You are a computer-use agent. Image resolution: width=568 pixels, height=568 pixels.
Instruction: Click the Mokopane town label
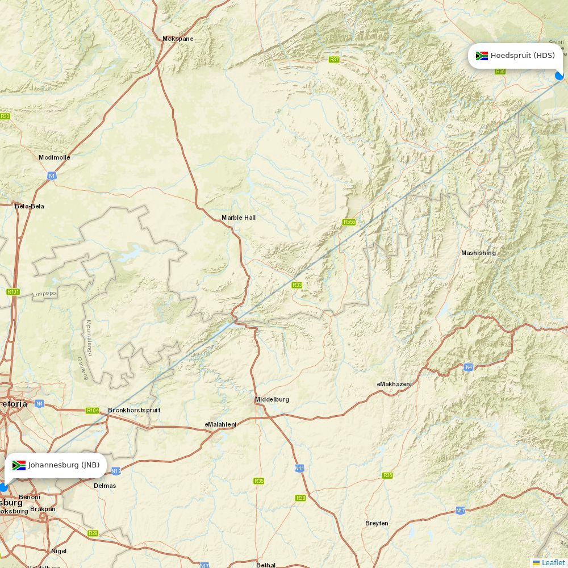coord(178,39)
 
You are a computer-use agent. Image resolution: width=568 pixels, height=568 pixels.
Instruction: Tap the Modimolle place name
coord(55,157)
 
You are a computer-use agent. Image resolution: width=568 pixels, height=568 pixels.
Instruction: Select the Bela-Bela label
coord(29,206)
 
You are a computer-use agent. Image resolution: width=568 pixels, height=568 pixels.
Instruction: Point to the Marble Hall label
coord(239,218)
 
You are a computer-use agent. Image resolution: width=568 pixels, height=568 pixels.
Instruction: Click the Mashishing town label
coord(478,253)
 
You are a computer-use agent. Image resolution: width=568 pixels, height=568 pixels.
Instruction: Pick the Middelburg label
coord(272,399)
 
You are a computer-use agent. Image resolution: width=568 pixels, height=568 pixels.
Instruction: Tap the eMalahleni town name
coord(220,424)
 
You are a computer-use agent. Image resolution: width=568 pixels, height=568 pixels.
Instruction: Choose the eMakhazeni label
coord(394,384)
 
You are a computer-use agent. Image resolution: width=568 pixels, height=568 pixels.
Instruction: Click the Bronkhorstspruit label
coord(134,410)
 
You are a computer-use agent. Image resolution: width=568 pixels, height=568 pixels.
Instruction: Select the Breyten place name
coord(377,523)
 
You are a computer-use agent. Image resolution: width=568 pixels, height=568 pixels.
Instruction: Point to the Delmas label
coord(105,486)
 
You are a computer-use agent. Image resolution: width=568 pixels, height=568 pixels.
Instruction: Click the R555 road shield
coord(349,222)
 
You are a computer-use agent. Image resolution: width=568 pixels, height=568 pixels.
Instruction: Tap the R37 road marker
coord(334,60)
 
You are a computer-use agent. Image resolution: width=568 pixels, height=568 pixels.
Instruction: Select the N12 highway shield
coord(116,471)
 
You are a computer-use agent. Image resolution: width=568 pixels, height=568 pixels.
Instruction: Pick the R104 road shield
coord(92,410)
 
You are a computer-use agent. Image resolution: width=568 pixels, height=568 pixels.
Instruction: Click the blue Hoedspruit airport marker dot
coord(559,76)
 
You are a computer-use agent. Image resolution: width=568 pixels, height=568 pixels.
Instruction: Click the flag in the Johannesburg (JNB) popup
coord(19,465)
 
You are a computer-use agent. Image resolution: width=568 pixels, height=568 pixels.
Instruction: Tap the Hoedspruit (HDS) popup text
coord(523,56)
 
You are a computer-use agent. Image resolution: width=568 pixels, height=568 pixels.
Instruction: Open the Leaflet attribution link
coord(553,562)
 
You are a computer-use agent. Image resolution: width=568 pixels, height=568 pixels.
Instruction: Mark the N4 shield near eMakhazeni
coord(468,367)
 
